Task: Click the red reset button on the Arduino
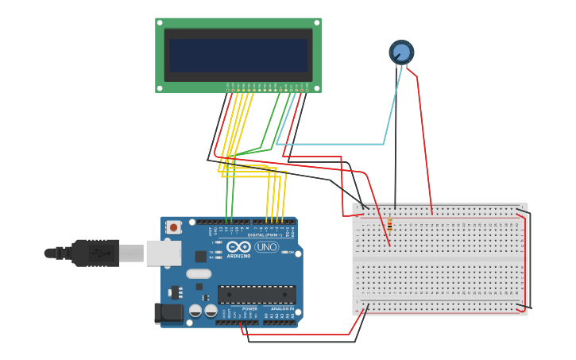[x=173, y=226]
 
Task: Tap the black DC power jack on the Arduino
[x=168, y=312]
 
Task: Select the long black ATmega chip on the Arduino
[x=256, y=294]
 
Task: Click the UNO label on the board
[x=266, y=247]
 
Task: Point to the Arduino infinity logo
[x=238, y=246]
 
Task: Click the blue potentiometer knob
[x=401, y=52]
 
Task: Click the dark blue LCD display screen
[x=238, y=56]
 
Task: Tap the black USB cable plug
[x=95, y=253]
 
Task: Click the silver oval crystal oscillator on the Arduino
[x=199, y=274]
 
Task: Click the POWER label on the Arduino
[x=249, y=308]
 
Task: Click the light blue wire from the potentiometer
[x=334, y=144]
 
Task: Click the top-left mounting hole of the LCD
[x=160, y=23]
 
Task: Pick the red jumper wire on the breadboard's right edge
[x=524, y=262]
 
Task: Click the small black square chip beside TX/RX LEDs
[x=200, y=257]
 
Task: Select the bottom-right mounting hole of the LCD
[x=316, y=87]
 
